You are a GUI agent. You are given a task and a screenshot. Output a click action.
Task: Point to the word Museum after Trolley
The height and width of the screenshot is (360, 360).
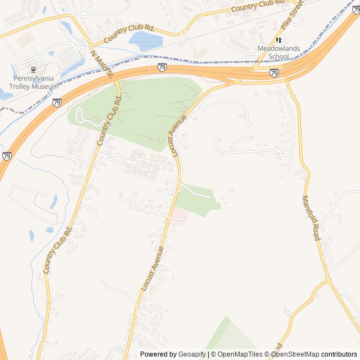(46, 87)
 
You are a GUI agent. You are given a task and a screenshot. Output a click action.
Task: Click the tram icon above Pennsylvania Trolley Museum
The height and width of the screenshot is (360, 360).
(33, 70)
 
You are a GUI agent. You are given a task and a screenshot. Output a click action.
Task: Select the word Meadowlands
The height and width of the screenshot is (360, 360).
(278, 49)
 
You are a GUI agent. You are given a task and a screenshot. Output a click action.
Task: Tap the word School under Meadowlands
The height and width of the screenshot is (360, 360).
(278, 56)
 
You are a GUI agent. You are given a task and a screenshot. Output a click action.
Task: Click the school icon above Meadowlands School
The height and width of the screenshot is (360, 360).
(278, 40)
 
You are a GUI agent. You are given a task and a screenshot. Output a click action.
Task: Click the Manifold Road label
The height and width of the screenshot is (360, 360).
(311, 218)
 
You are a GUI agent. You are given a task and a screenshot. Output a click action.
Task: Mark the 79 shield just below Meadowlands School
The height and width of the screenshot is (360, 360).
(274, 73)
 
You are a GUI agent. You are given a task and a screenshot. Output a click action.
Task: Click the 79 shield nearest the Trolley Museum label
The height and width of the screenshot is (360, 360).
(57, 102)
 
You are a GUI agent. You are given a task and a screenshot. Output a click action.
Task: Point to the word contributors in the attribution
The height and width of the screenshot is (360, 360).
(339, 354)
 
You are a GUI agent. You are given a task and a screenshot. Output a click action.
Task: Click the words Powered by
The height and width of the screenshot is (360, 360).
(158, 354)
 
